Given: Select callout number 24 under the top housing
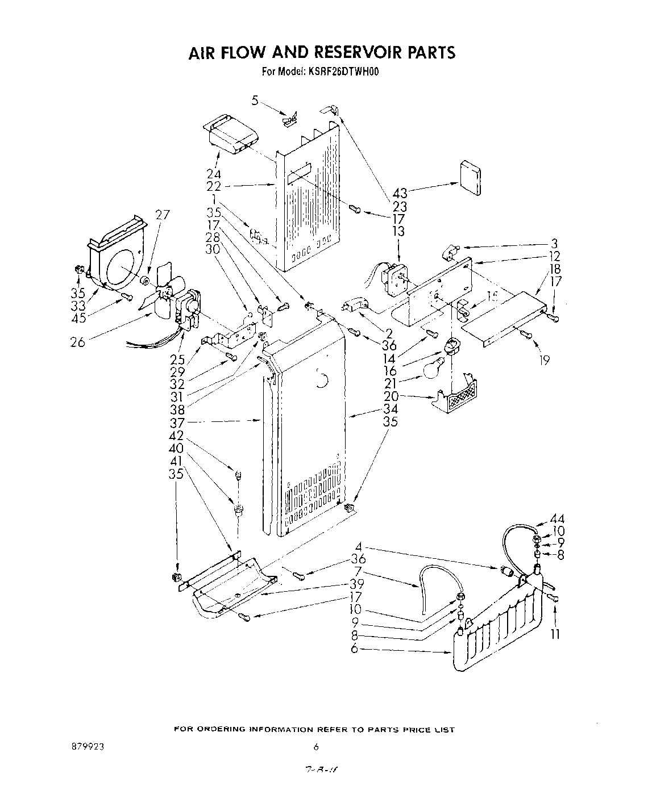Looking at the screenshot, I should (x=214, y=174).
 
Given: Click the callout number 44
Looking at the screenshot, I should (x=557, y=519).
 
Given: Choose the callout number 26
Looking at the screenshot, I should (x=77, y=342).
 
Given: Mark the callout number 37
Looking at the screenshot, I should (x=178, y=422).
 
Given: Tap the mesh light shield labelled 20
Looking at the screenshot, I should (x=459, y=398).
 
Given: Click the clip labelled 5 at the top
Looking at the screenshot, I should (x=290, y=119).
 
